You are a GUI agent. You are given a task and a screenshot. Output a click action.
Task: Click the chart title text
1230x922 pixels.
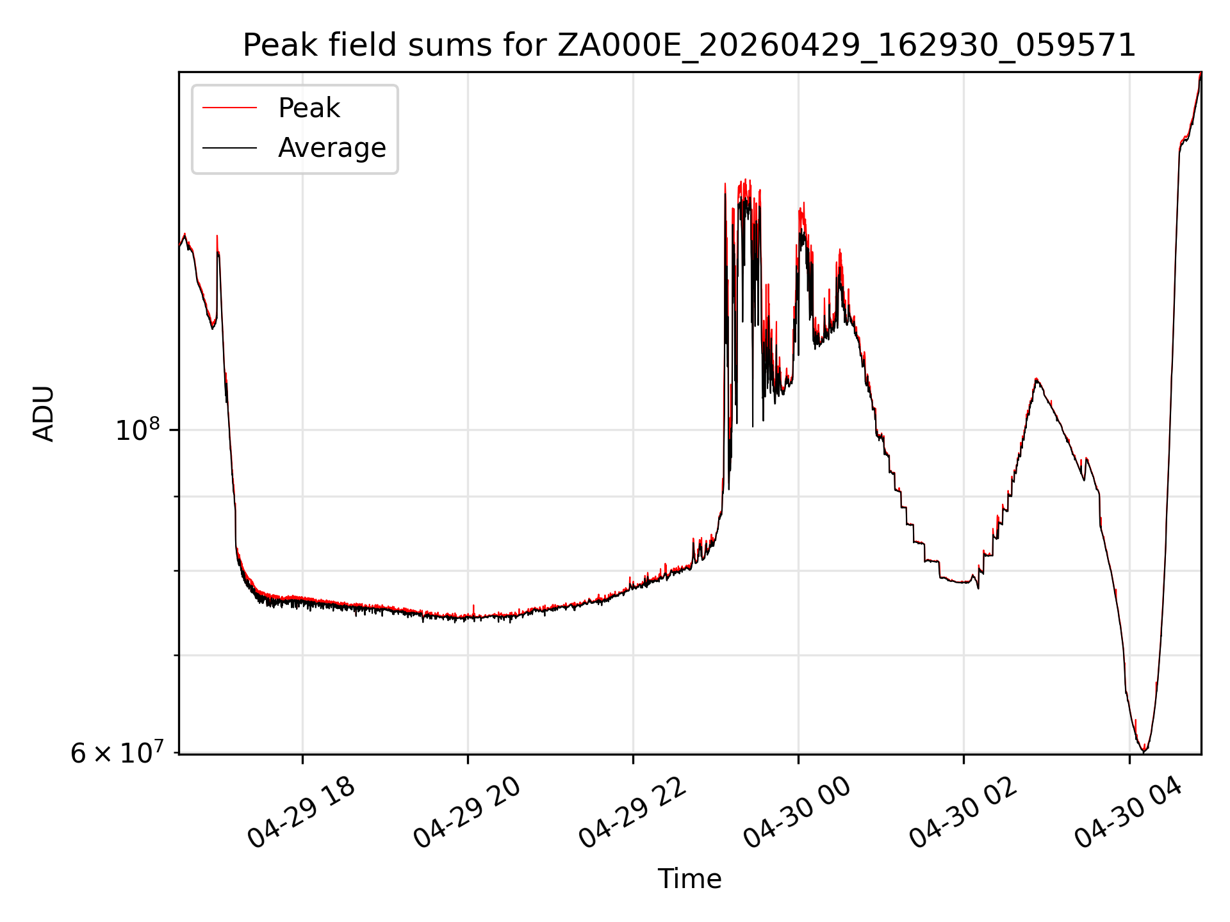coord(689,45)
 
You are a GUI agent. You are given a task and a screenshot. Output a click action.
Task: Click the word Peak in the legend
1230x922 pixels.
coord(309,108)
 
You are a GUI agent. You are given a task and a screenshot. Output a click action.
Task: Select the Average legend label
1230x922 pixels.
coord(332,148)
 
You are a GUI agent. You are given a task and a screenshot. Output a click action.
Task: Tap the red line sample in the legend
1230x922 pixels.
coord(229,108)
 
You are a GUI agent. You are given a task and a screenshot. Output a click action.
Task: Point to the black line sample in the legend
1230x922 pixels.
coord(229,148)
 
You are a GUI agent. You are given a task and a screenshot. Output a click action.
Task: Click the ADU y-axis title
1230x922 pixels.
coord(44,413)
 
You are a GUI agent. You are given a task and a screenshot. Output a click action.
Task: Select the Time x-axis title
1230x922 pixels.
coord(689,879)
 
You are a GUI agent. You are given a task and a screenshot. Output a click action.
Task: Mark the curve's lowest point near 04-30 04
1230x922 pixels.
coord(1144,752)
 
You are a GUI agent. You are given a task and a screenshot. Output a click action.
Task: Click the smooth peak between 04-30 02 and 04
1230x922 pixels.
coord(1036,379)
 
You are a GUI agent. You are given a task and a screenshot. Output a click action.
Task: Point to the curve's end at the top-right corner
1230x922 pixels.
coord(1201,73)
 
